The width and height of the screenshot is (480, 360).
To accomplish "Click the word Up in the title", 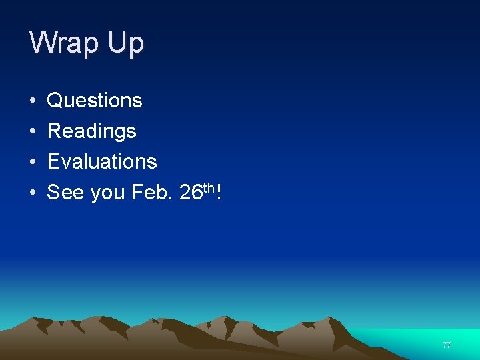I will pyautogui.click(x=126, y=43).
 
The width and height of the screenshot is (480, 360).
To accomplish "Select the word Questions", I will pyautogui.click(x=95, y=101).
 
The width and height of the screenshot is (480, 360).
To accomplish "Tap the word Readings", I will pyautogui.click(x=91, y=131).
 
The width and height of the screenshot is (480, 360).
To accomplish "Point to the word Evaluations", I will pyautogui.click(x=102, y=161).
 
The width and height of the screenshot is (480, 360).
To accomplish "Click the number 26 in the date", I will pyautogui.click(x=191, y=193).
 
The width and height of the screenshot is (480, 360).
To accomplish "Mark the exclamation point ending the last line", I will pyautogui.click(x=219, y=192).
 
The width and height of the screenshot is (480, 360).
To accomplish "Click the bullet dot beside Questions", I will pyautogui.click(x=33, y=101).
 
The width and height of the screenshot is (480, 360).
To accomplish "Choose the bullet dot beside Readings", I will pyautogui.click(x=33, y=132).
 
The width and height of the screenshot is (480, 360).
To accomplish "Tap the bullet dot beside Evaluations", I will pyautogui.click(x=33, y=162).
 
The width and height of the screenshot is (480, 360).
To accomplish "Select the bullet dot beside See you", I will pyautogui.click(x=33, y=193).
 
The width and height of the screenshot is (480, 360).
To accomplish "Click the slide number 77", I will pyautogui.click(x=446, y=345).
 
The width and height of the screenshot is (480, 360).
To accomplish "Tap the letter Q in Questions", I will pyautogui.click(x=55, y=101).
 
